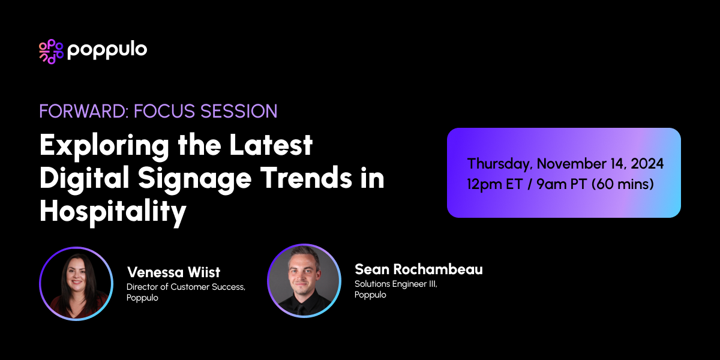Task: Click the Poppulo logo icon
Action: point(51,52)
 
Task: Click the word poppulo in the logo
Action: point(107,50)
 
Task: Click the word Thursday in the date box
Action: point(499,164)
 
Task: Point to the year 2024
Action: point(645,164)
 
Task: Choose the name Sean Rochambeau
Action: point(418,269)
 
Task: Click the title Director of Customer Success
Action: point(185,287)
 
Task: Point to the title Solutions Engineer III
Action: point(396,284)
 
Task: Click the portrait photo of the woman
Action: point(76,283)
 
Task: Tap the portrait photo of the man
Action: point(304,280)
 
